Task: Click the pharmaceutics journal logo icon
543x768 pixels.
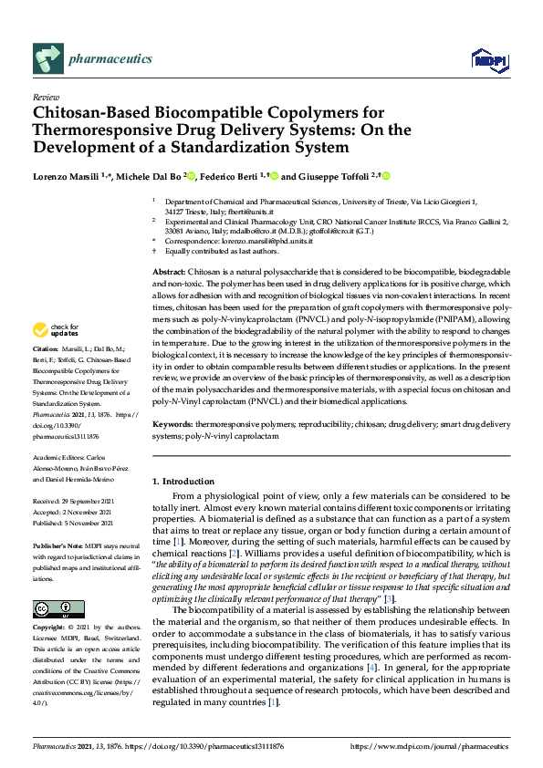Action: pos(47,59)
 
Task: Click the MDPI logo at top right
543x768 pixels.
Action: pos(488,60)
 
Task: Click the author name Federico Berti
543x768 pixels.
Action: pos(228,176)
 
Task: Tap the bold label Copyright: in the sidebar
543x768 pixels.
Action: pos(49,628)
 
